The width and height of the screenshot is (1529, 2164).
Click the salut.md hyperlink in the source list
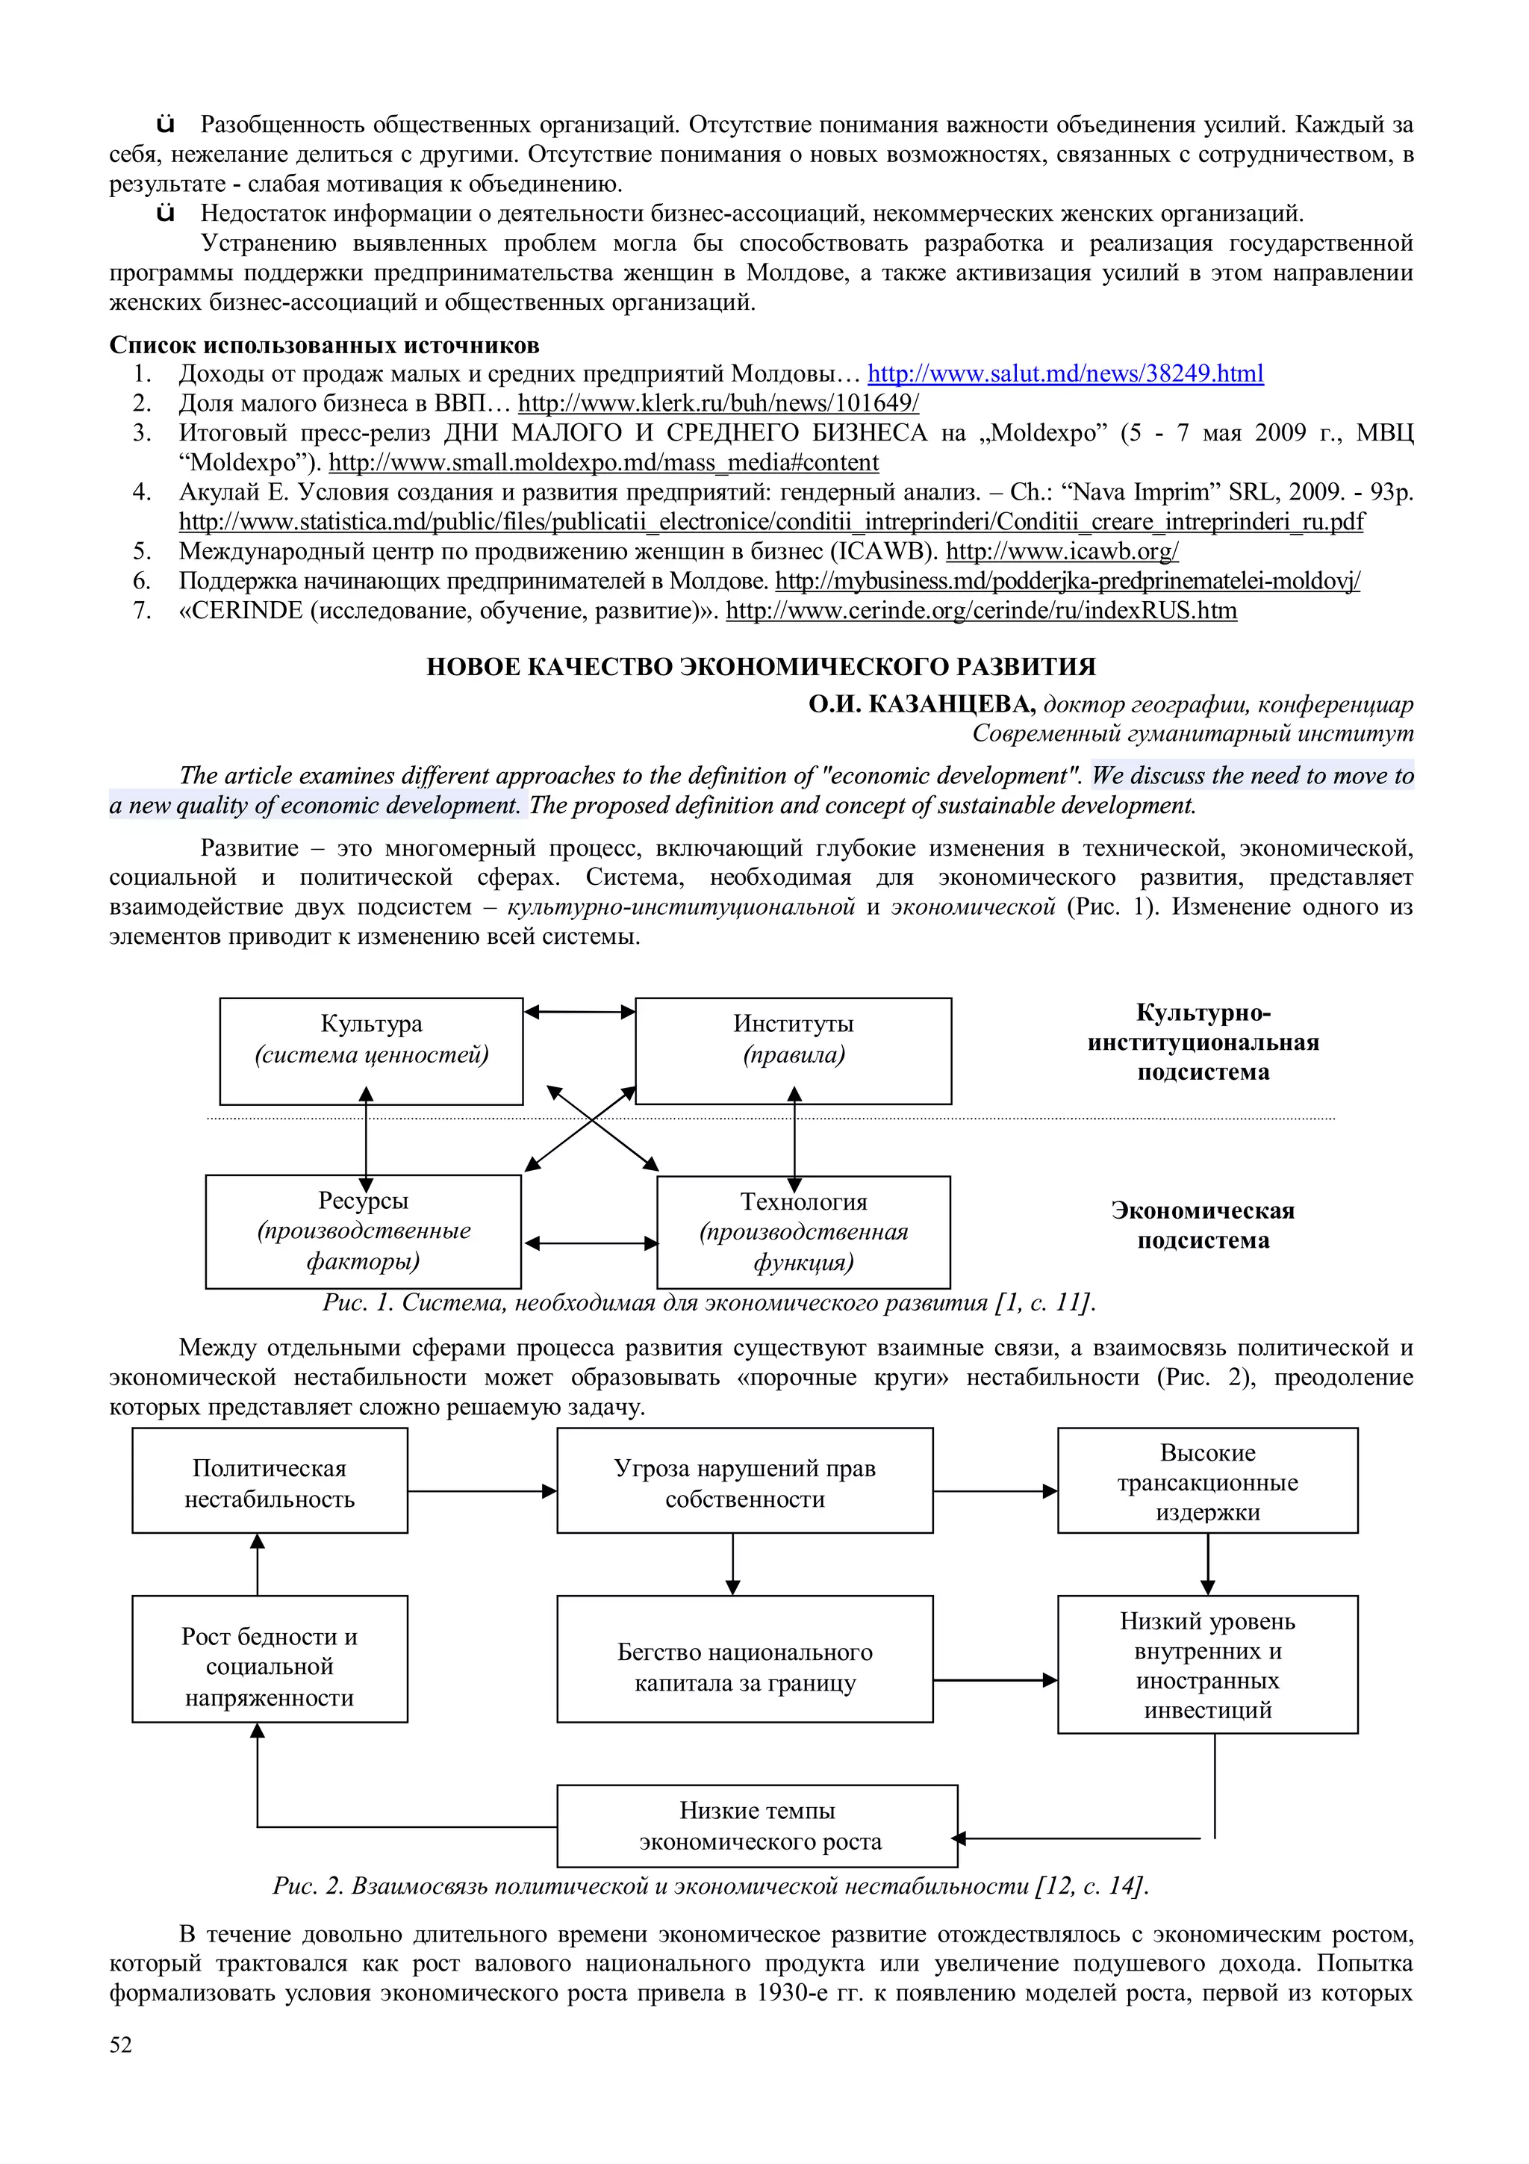[1065, 374]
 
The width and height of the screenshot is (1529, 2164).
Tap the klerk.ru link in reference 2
[718, 404]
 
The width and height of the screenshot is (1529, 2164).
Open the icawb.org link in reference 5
[1062, 551]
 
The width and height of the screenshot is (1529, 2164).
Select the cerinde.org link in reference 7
[981, 611]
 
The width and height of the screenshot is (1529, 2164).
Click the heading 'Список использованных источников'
[324, 345]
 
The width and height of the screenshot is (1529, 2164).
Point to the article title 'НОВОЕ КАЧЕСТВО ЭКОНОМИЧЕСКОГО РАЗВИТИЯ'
[762, 668]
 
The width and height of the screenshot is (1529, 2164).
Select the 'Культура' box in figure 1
[371, 1051]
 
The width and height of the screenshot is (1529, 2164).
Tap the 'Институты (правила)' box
[793, 1051]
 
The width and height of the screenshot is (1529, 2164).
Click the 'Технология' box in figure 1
[803, 1232]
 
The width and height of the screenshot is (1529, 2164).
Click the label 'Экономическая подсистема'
[1202, 1225]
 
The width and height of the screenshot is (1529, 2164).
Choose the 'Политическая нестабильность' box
[270, 1484]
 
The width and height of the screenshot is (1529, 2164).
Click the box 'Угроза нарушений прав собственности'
[744, 1484]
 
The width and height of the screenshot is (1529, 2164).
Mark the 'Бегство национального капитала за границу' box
[744, 1667]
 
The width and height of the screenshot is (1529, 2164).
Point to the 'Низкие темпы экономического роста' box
[758, 1826]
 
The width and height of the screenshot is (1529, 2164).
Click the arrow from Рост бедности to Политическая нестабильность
[257, 1564]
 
